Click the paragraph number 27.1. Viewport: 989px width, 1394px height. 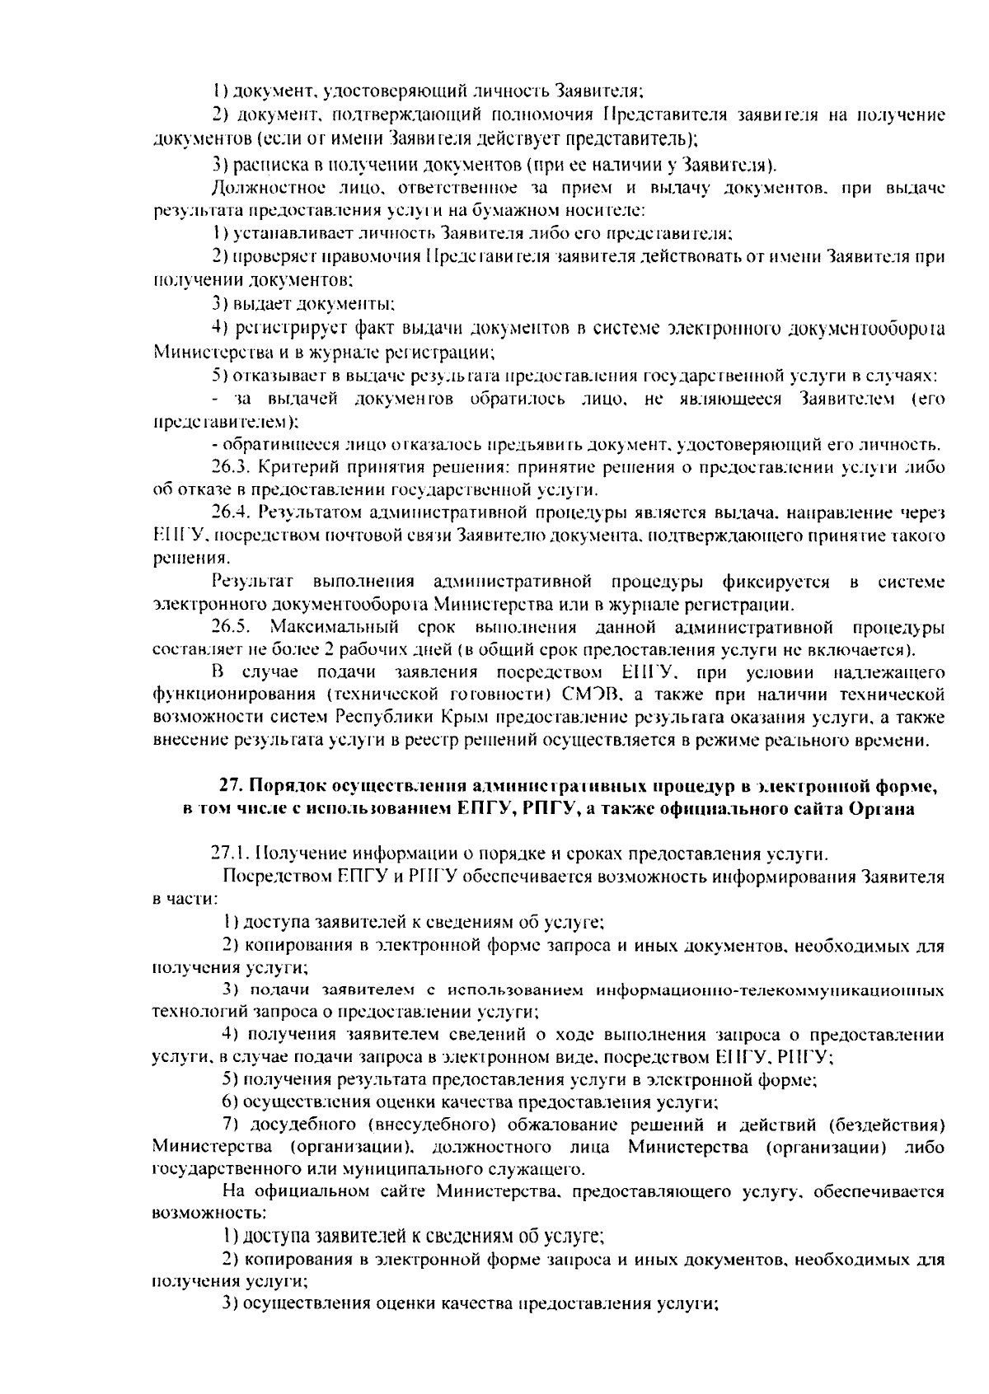[x=231, y=853]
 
